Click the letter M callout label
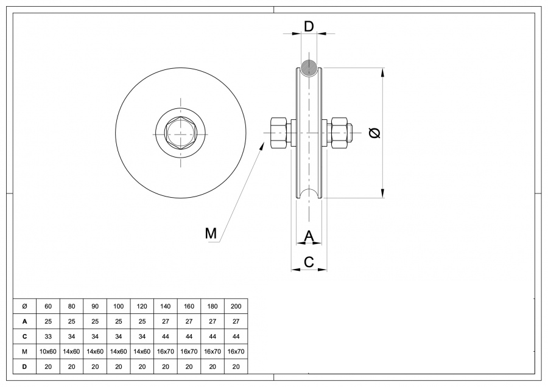click(211, 233)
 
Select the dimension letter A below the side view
click(309, 235)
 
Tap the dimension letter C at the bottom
click(309, 262)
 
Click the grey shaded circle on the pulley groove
click(309, 68)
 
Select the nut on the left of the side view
click(278, 132)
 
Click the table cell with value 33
click(48, 336)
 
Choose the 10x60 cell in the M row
click(48, 351)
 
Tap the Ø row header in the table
click(24, 305)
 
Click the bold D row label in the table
click(24, 366)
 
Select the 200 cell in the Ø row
click(236, 305)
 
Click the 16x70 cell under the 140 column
click(165, 351)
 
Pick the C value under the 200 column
click(236, 336)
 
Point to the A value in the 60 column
click(48, 321)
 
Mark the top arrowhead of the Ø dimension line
click(382, 72)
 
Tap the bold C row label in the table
click(24, 336)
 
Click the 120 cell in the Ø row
click(142, 305)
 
